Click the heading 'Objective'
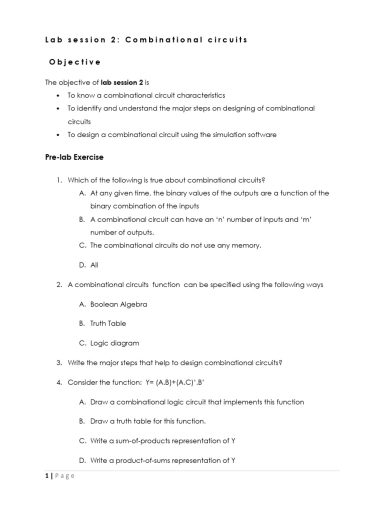[74, 62]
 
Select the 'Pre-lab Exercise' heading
[74, 157]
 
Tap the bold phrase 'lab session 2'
[122, 82]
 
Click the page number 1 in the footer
[46, 475]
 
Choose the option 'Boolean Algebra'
[118, 304]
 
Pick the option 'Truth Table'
[108, 323]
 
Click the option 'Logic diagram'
[114, 343]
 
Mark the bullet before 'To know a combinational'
[58, 95]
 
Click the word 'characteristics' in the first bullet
[200, 95]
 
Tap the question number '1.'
[59, 180]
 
